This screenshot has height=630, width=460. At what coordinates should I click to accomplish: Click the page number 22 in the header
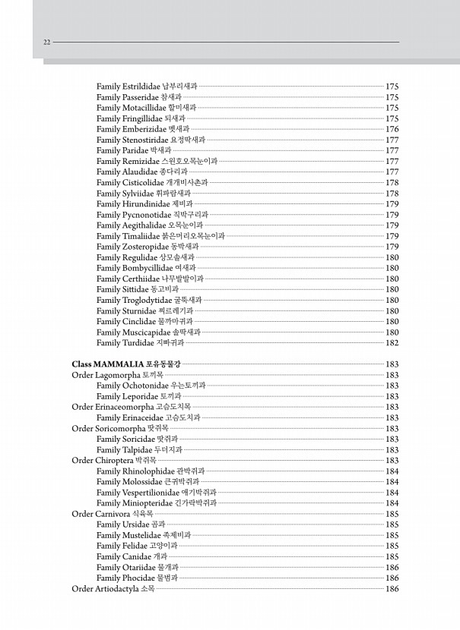point(47,43)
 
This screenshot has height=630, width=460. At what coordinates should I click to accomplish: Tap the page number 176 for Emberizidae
point(392,129)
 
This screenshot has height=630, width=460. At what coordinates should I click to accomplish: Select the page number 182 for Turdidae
point(392,343)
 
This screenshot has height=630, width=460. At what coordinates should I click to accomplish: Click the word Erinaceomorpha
point(124,407)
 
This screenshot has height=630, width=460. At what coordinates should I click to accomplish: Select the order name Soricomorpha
point(120,428)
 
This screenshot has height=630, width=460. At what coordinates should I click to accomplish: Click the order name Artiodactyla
point(118,588)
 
